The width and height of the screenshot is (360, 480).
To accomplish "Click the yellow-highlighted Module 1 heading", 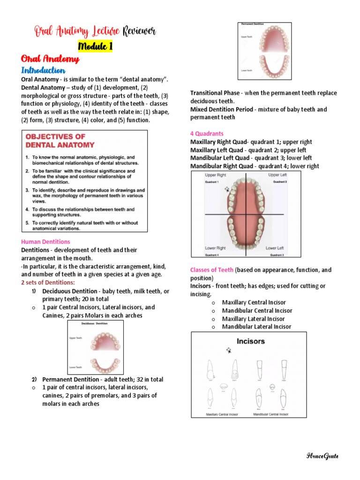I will (95, 46).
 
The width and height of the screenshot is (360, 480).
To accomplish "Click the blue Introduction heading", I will (43, 70).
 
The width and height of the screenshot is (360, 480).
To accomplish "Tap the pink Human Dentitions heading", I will (46, 242).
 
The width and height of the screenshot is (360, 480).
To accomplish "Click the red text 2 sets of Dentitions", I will (48, 283).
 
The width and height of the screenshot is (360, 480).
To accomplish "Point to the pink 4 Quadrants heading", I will (207, 134).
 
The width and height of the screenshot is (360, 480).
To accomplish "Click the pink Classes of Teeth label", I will (212, 270).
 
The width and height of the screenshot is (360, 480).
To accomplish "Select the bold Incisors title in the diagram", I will (250, 341).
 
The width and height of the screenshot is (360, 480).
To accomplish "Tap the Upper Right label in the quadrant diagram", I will (215, 175).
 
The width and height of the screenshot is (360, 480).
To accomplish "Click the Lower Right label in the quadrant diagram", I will (215, 247).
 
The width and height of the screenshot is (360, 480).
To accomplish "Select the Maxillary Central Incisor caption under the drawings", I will (223, 414).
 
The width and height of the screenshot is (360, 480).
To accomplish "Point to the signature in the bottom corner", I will (322, 456).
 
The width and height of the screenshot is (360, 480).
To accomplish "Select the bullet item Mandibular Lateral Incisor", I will (256, 327).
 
